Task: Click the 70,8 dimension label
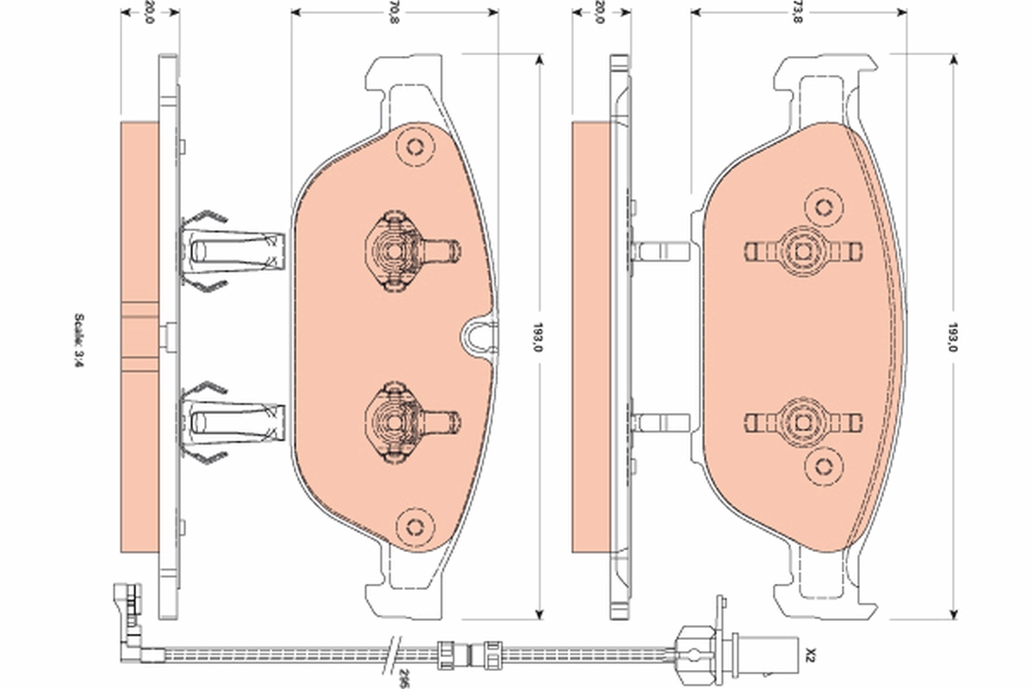[x=393, y=12]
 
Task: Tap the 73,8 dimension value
[x=797, y=12]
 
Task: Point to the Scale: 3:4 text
[x=79, y=340]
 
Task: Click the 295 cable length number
[x=404, y=679]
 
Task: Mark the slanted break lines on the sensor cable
[x=392, y=655]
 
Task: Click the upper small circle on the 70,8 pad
[x=415, y=147]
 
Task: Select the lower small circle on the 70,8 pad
[x=415, y=527]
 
